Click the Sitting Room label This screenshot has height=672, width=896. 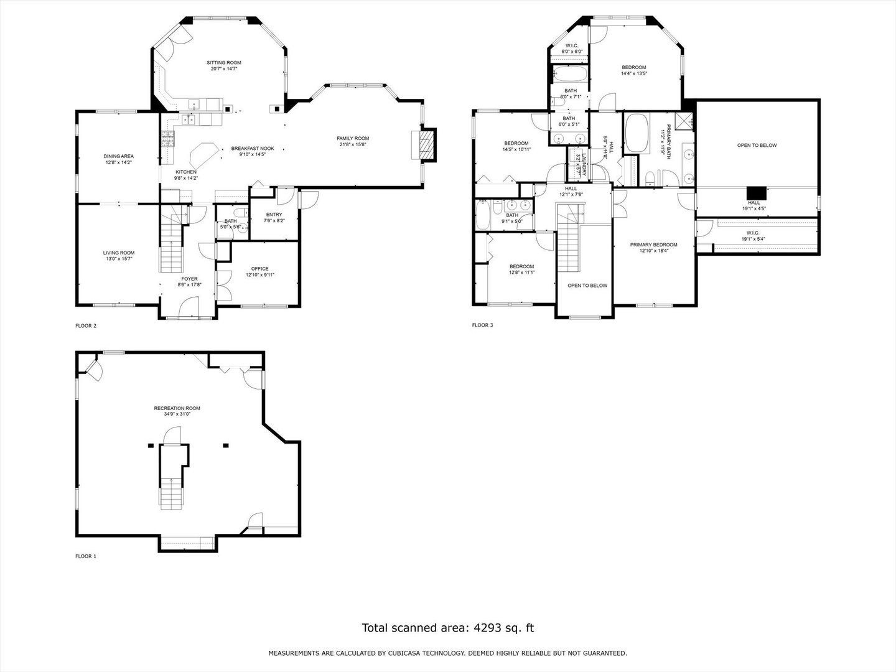pos(224,63)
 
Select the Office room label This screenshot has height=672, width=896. pos(260,269)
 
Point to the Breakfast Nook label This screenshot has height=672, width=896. pos(253,149)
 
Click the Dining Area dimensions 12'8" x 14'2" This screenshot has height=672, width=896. pos(118,162)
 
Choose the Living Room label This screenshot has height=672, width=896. pos(119,253)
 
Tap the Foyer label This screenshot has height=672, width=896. pos(190,279)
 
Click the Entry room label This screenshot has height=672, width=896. pos(274,215)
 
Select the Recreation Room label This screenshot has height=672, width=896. pos(177,408)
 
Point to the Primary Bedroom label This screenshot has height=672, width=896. pos(653,245)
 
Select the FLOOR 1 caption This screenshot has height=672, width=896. pos(86,556)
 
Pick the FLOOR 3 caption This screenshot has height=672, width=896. pos(482,325)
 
